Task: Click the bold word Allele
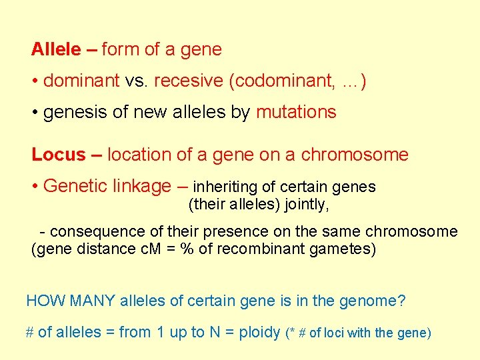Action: pos(55,49)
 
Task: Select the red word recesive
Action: pos(188,81)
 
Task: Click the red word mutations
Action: pos(296,112)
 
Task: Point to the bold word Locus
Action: pos(59,155)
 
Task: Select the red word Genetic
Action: pos(73,187)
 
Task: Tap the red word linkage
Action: pos(140,187)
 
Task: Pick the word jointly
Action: pos(307,205)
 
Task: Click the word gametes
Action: pos(342,249)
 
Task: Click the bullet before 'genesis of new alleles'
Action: pos(35,112)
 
